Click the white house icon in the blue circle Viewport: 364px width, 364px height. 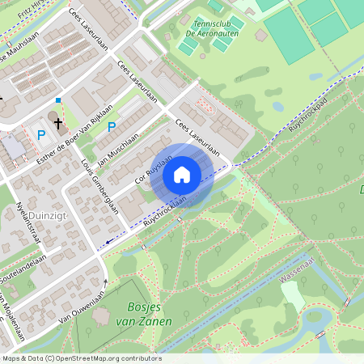pos(181,174)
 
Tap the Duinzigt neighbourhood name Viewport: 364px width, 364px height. pos(37,215)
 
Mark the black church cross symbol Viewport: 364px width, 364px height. pos(59,123)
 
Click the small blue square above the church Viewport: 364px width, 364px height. pos(58,100)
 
